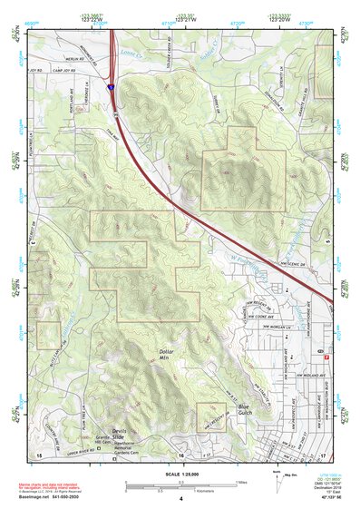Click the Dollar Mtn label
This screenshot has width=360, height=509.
coord(164,354)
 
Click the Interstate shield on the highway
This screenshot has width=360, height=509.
coord(110,89)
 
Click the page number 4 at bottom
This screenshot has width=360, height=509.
coord(180,498)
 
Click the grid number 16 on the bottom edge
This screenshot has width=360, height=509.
coord(180,453)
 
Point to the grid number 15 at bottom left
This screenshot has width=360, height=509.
coord(38,453)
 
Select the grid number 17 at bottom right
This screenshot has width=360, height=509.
coord(323,453)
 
